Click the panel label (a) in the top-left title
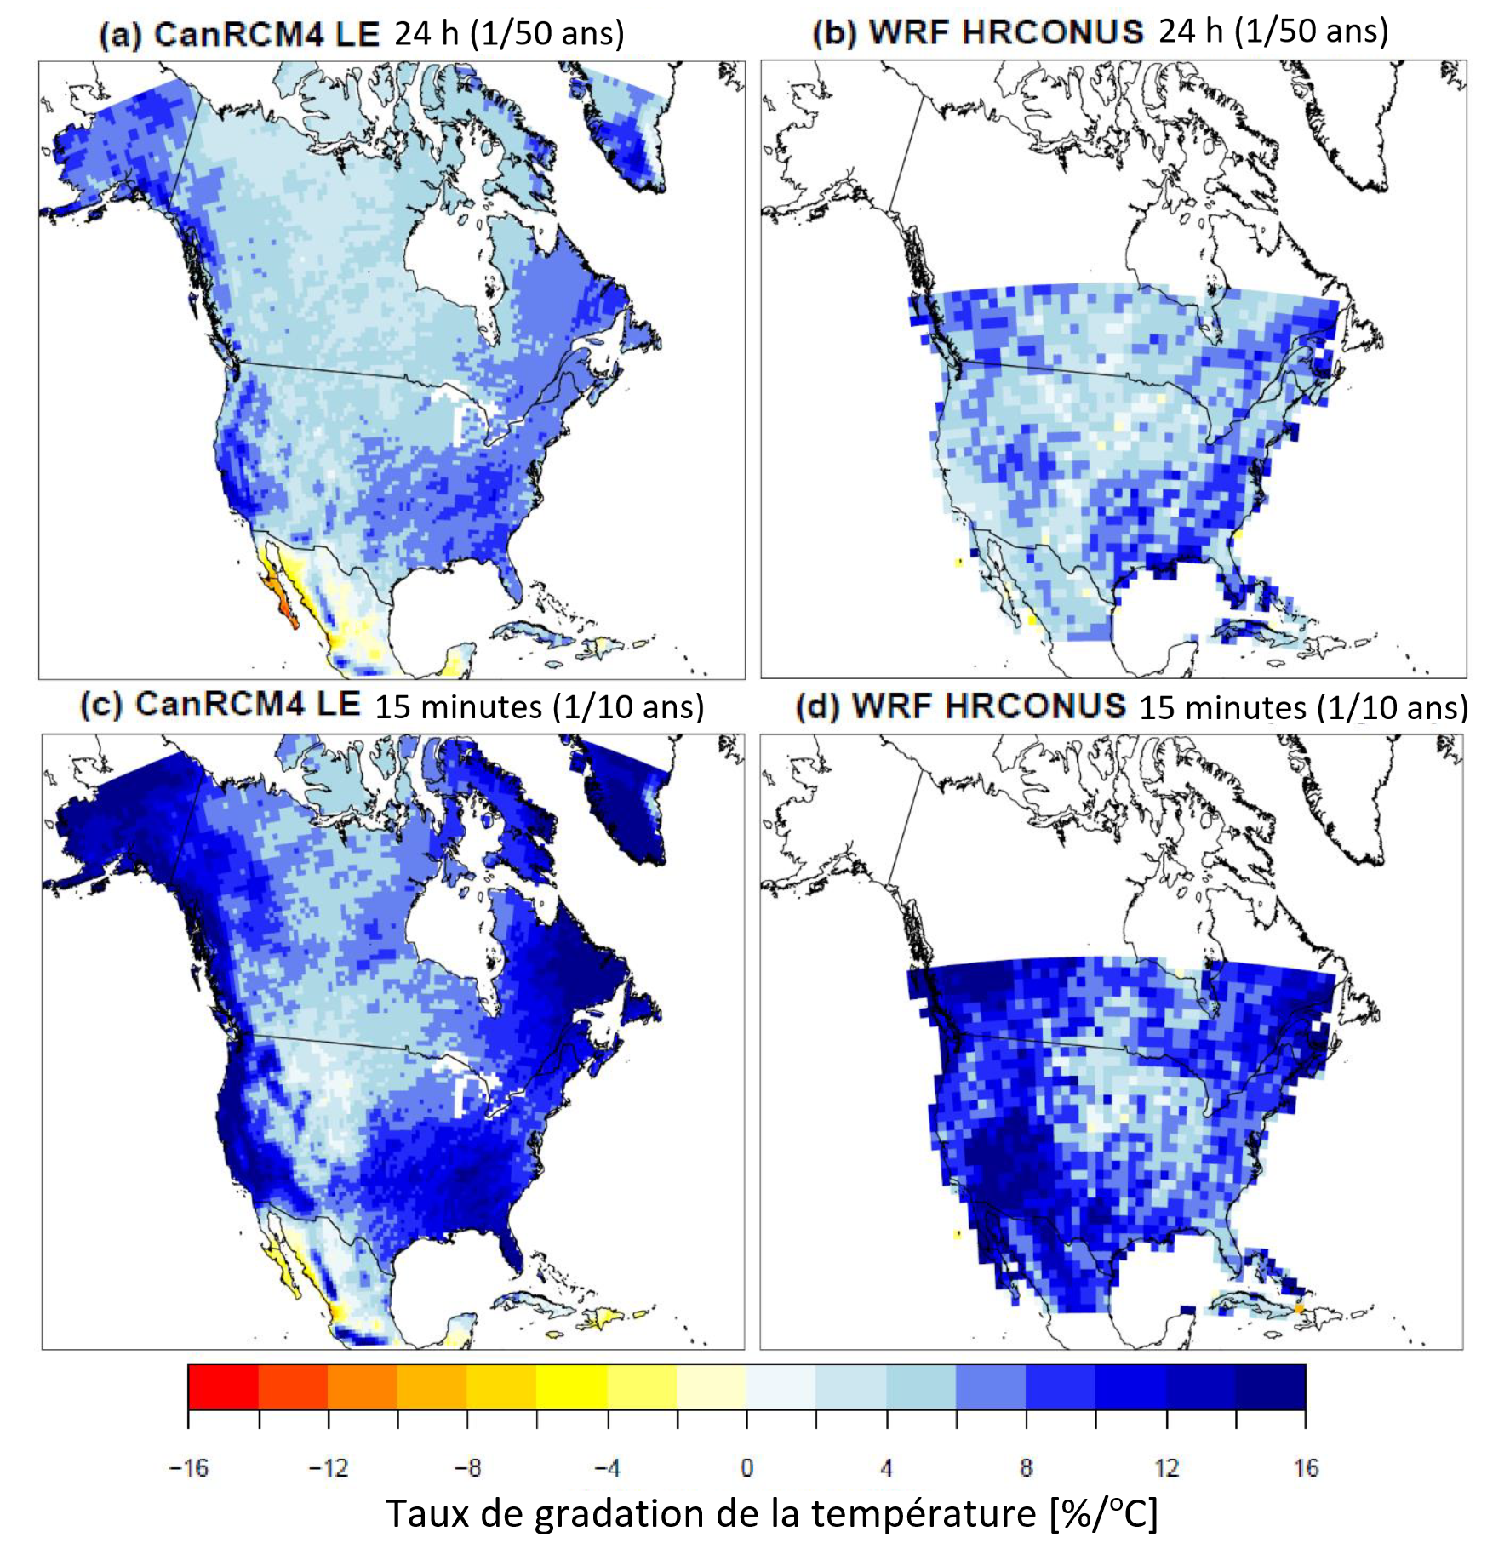(x=121, y=35)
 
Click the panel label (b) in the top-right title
(x=833, y=32)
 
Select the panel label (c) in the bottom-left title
(x=101, y=706)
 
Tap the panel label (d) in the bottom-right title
(x=817, y=707)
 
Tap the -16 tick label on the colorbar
(x=188, y=1468)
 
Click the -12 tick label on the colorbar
(x=328, y=1468)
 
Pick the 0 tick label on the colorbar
(x=746, y=1468)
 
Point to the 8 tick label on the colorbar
(x=1026, y=1468)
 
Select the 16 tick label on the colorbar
(x=1305, y=1468)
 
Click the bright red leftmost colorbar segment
(x=223, y=1386)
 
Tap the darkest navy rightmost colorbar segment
(x=1270, y=1386)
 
